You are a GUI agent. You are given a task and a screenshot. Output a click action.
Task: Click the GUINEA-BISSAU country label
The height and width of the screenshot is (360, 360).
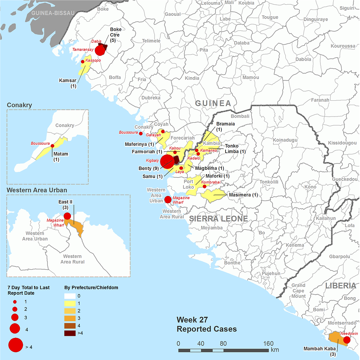coord(53,13)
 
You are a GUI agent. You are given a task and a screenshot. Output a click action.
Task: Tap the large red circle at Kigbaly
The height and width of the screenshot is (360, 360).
coord(167,162)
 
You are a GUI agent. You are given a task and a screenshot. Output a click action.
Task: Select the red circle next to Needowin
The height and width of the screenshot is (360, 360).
coord(346,340)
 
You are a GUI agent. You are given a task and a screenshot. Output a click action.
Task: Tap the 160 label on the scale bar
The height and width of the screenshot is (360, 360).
coord(269,343)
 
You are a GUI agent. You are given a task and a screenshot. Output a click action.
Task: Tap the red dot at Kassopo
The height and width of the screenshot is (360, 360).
coord(83,62)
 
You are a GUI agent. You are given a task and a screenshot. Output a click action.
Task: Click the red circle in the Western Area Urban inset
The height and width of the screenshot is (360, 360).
coord(67,216)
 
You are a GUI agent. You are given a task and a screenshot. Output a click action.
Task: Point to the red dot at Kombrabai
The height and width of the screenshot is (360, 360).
coord(205,187)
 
